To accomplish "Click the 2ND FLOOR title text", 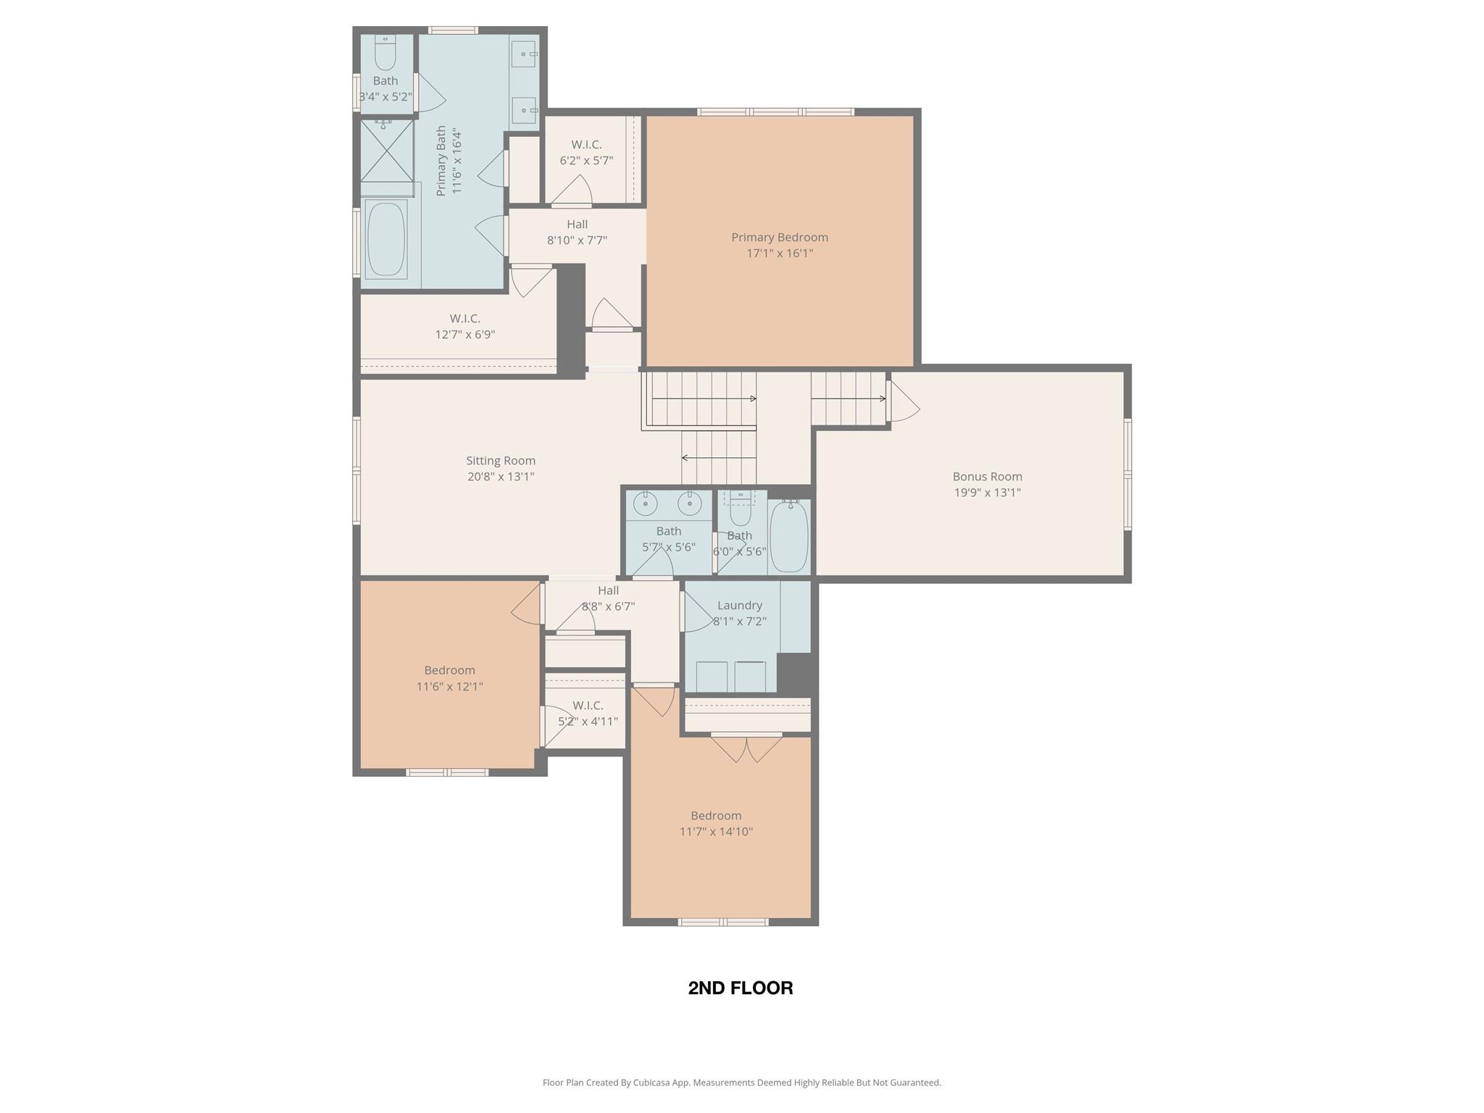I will point(740,988).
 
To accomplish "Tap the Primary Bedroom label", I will point(779,238).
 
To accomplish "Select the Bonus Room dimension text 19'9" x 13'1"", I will point(987,493).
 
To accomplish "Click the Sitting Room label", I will point(501,461).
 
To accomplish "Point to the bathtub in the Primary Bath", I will point(386,239).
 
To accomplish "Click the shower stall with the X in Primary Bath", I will point(387,151).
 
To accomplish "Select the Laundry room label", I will point(739,606).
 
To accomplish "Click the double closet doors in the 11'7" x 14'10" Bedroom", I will point(746,748).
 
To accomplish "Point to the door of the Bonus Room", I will point(903,401).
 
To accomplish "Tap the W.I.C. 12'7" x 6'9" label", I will point(464,326).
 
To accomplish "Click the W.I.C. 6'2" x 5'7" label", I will point(586,152).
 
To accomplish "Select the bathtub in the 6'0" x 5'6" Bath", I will point(788,536).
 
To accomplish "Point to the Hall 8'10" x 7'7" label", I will point(577,232).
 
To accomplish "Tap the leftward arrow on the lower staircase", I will point(685,458).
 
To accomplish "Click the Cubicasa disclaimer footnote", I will point(741,1083).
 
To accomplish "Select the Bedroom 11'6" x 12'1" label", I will point(449,678).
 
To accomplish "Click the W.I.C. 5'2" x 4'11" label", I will point(588,713).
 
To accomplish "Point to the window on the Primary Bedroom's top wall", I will point(775,112).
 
